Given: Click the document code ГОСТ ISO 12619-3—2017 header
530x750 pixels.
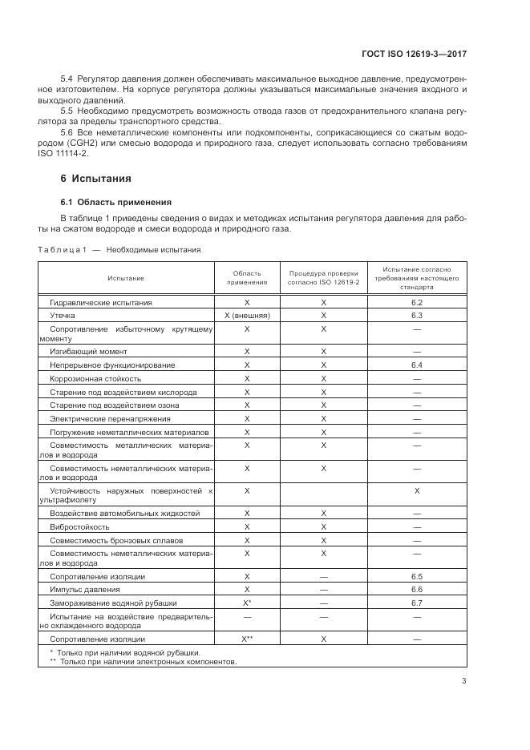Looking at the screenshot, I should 415,54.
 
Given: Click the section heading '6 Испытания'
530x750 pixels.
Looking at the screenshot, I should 96,178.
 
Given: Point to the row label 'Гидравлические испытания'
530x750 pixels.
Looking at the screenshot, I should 101,303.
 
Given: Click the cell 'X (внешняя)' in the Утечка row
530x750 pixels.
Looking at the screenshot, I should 247,316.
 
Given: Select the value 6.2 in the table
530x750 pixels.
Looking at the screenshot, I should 416,303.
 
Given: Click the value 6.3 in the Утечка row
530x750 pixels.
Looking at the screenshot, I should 416,316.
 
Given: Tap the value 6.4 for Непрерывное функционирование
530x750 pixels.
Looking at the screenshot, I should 416,365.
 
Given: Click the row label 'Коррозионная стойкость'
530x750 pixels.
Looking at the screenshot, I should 95,378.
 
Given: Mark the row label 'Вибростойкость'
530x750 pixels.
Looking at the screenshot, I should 79,526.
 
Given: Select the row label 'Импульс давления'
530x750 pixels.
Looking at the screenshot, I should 85,589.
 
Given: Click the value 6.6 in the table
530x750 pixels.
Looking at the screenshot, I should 416,589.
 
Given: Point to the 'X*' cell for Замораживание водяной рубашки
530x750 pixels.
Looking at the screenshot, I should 247,602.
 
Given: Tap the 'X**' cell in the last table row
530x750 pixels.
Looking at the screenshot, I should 247,639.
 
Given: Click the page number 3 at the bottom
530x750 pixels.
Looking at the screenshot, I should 463,681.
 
